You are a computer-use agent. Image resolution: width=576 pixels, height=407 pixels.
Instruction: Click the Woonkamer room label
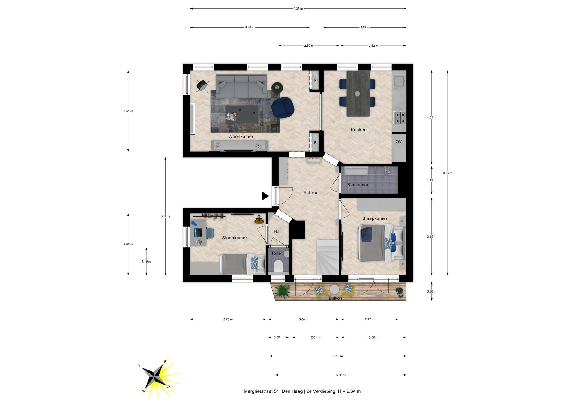pos(241,137)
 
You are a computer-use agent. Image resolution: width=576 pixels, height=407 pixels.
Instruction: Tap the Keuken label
pos(359,130)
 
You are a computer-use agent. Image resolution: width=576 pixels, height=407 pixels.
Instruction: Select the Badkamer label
pos(358,185)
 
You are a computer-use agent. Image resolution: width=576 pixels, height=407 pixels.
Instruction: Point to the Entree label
pos(310,192)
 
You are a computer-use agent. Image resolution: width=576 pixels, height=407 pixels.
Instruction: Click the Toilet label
pos(277,253)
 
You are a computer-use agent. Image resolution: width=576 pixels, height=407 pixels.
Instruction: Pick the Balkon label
pos(335,298)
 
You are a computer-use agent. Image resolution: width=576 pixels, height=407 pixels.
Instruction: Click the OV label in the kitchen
pos(398,142)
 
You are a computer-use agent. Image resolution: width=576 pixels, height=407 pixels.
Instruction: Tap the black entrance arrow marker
pos(265,196)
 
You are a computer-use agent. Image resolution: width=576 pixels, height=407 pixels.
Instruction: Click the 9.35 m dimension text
pos(298,9)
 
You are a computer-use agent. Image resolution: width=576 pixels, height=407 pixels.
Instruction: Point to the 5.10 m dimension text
pos(165,216)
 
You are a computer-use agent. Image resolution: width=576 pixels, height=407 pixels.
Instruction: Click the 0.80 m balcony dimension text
pos(432,291)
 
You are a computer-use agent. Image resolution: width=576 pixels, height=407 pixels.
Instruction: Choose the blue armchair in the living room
pos(283,107)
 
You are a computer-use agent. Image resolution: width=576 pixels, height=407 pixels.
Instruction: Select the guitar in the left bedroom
pos(259,220)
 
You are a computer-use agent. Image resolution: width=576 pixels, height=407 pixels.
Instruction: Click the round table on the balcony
pos(334,289)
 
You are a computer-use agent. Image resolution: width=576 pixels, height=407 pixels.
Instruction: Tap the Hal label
pos(277,231)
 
